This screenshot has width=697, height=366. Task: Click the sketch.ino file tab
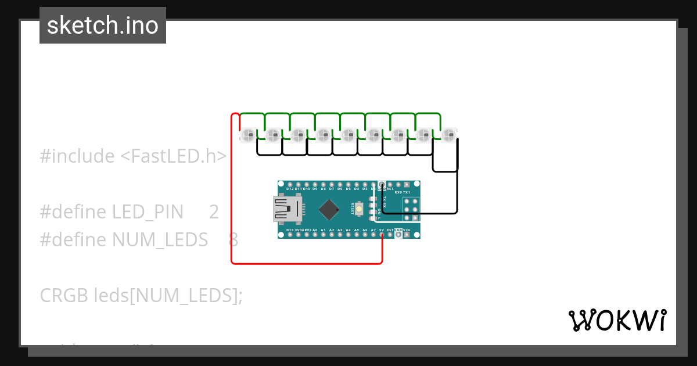click(x=103, y=26)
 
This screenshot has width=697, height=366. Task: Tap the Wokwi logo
click(x=617, y=320)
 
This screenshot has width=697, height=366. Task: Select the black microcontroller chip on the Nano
click(x=329, y=209)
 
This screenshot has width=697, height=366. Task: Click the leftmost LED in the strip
click(x=248, y=135)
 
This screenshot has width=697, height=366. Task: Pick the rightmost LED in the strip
click(x=447, y=135)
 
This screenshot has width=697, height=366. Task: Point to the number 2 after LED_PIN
click(x=214, y=212)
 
